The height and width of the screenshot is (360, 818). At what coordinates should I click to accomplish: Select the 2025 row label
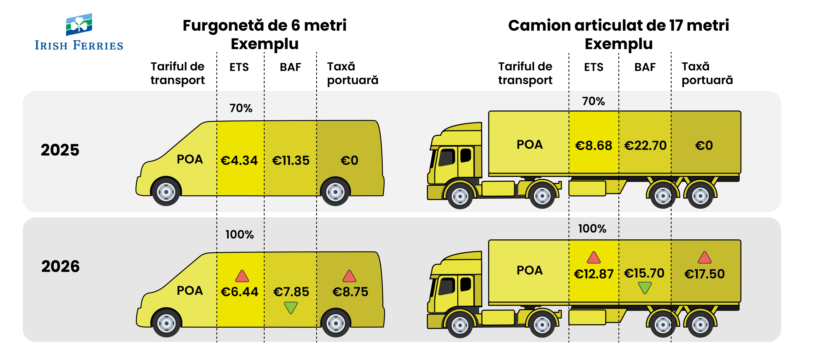pos(60,150)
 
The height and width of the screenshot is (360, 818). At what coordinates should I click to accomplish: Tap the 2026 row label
pos(60,266)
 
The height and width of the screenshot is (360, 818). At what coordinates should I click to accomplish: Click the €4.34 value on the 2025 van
pos(239,160)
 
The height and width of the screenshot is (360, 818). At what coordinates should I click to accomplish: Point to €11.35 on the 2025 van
pos(291,160)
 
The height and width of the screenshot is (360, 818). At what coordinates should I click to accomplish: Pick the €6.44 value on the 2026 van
pos(239,292)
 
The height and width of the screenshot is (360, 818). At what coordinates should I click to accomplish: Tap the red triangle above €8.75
pos(349,276)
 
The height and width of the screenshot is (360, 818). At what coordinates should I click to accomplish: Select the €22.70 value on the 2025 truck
pos(645,145)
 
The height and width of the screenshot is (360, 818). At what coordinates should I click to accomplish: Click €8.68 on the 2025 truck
pos(593,145)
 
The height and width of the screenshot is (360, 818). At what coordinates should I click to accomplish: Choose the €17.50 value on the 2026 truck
pos(704,274)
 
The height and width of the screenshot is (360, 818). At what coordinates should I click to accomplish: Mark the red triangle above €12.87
pos(593,258)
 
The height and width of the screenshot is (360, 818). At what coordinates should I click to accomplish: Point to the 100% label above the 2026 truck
pos(592,228)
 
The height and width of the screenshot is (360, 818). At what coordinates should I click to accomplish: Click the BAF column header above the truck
pos(645,67)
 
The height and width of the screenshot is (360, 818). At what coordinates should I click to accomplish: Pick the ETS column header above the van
pos(239,67)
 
